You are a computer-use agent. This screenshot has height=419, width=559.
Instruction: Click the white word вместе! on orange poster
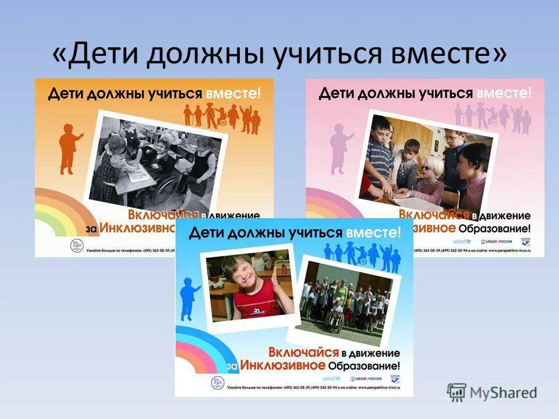(231, 93)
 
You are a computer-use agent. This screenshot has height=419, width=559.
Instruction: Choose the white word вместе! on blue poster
(373, 233)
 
